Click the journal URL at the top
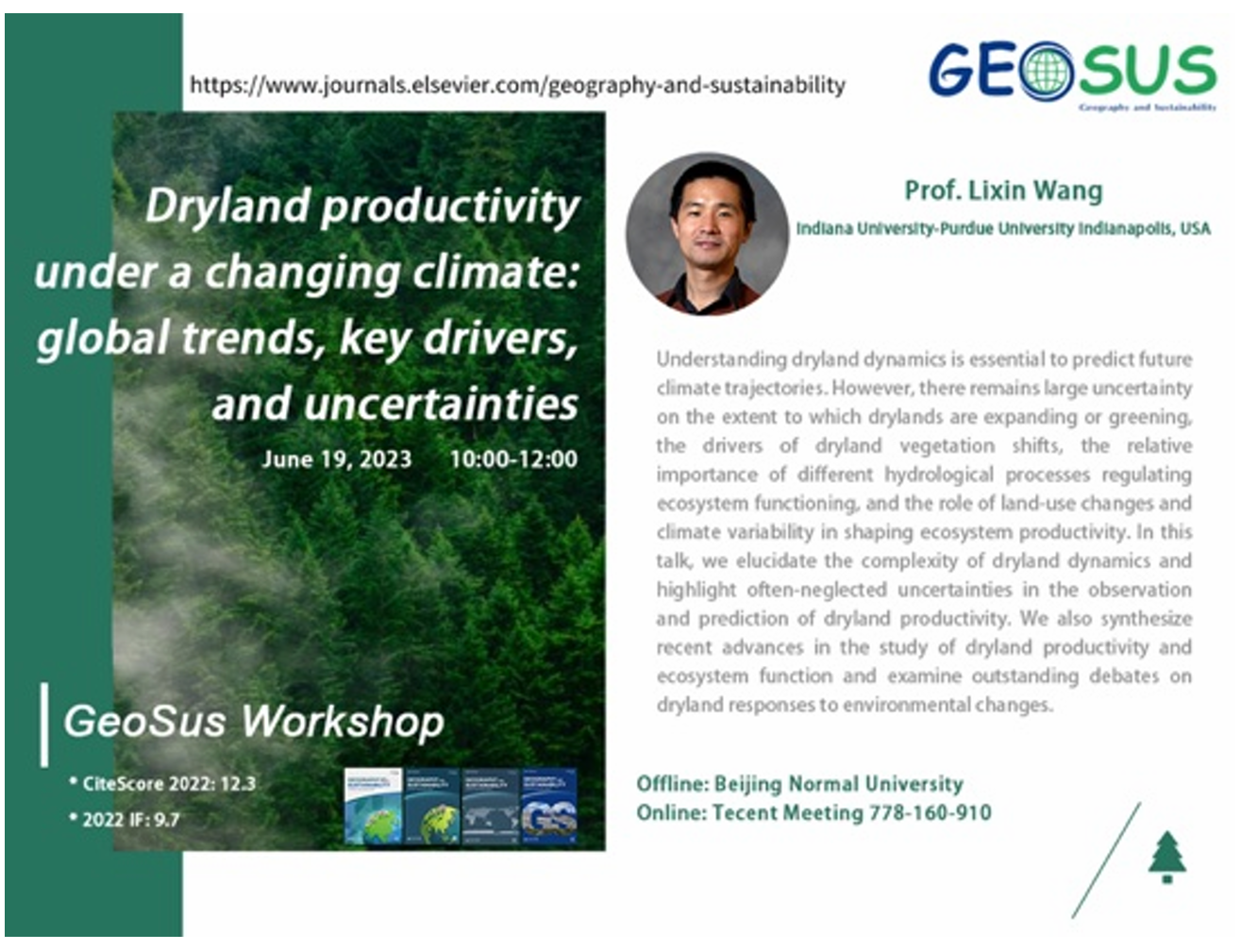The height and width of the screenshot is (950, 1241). coord(517,85)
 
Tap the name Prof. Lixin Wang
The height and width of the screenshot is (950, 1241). coord(1002,191)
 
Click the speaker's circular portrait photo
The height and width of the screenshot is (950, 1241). coord(707,234)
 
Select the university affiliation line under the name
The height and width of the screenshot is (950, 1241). coord(1002,228)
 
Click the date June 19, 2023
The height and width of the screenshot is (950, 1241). coord(336,459)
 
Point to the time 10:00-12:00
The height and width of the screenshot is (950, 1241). coord(513,459)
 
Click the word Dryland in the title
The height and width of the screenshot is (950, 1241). coord(226,207)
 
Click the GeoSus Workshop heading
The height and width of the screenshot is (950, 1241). coord(253,722)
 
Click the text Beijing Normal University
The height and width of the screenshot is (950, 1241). coord(838,784)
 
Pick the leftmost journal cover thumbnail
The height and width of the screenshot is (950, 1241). coord(374,807)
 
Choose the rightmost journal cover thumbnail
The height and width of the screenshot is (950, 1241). coord(549,807)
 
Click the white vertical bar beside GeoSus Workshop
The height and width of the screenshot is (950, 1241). coord(44,725)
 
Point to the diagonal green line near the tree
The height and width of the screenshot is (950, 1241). coord(1106,860)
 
